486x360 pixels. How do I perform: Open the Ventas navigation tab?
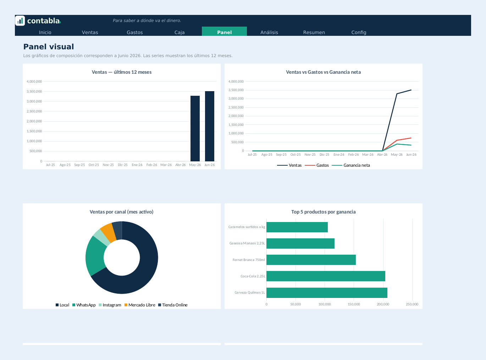tap(90, 32)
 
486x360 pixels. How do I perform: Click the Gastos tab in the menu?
tap(134, 32)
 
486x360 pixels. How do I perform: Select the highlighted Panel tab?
tap(224, 31)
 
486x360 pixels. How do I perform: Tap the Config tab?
tap(359, 32)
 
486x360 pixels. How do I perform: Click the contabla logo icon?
tap(20, 21)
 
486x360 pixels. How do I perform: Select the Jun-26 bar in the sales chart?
tap(209, 126)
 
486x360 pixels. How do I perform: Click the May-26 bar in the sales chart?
tap(195, 128)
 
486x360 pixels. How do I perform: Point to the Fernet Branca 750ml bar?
tap(311, 260)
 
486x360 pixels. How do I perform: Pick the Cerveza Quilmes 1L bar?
tap(327, 293)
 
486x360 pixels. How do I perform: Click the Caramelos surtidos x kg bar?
tap(297, 227)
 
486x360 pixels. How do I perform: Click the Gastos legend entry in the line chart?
tap(317, 165)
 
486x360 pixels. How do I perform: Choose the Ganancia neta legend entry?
tap(351, 165)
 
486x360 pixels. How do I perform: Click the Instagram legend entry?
tap(110, 305)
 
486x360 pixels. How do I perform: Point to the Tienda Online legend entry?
tap(173, 305)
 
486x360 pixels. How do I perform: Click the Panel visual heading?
tap(49, 47)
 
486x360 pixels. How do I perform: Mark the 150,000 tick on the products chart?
tap(354, 304)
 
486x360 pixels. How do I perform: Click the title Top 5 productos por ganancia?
tap(323, 212)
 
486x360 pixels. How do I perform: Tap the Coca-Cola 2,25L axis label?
tap(253, 276)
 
